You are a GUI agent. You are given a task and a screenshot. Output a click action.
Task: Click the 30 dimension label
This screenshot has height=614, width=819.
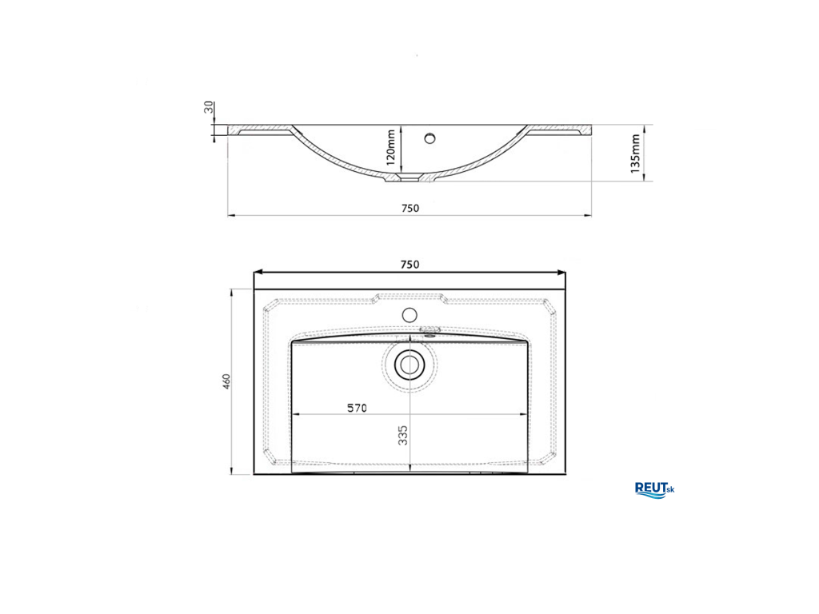tap(209, 108)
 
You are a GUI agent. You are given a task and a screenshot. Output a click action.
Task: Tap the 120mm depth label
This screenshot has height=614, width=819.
tap(391, 148)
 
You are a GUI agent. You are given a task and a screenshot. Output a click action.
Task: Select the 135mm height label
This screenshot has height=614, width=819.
tap(635, 153)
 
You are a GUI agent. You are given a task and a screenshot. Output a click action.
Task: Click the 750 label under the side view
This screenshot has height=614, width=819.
tap(410, 209)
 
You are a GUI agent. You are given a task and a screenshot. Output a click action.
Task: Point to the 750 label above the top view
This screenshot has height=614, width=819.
tap(409, 265)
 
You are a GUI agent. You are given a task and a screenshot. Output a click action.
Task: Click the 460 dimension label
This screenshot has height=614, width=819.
tap(226, 381)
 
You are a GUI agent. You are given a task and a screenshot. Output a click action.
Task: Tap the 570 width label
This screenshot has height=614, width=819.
tap(358, 408)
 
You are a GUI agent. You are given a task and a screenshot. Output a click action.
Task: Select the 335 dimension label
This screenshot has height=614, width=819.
tap(403, 436)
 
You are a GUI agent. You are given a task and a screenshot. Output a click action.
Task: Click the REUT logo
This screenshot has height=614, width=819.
tap(654, 490)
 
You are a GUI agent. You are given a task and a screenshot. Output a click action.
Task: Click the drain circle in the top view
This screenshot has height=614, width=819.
tap(409, 365)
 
